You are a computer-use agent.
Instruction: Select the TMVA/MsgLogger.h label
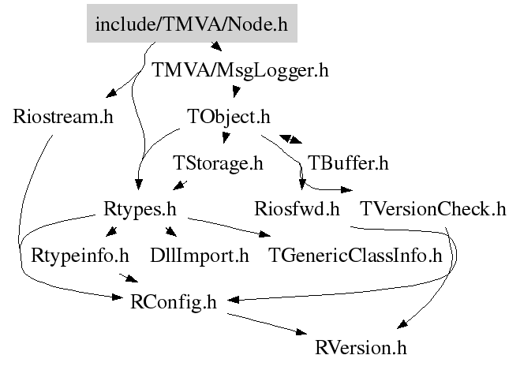[x=240, y=70]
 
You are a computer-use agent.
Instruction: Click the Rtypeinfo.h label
[x=80, y=256]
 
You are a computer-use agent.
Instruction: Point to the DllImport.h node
[x=200, y=256]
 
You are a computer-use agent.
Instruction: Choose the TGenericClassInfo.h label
[x=355, y=256]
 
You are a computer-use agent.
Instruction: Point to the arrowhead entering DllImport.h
[x=171, y=232]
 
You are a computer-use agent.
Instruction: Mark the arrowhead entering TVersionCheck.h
[x=347, y=190]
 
